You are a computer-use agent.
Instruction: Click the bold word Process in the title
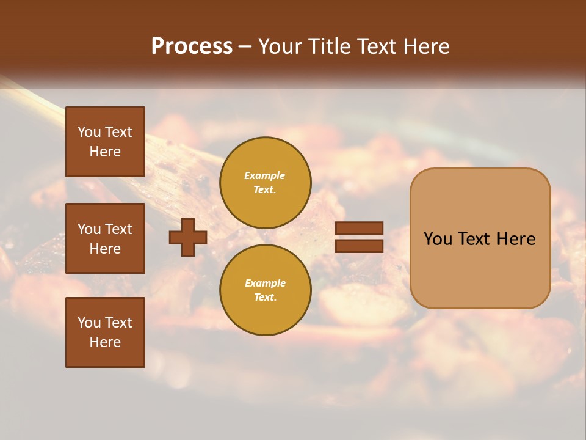click(192, 46)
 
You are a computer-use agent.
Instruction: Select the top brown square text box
click(105, 142)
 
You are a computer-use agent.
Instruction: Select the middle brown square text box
click(105, 238)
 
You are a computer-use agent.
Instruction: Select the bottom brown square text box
click(105, 332)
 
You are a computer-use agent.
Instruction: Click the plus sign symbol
click(188, 238)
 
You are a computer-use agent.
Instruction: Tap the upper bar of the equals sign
click(360, 229)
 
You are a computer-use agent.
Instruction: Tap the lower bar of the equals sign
click(360, 246)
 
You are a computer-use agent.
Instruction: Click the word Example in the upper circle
click(265, 175)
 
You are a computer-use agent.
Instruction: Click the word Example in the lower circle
click(265, 283)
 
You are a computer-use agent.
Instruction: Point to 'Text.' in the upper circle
click(265, 189)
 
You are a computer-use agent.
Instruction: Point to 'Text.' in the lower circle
click(265, 297)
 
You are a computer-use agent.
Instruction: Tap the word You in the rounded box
click(438, 239)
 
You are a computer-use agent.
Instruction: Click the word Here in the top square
click(105, 152)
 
